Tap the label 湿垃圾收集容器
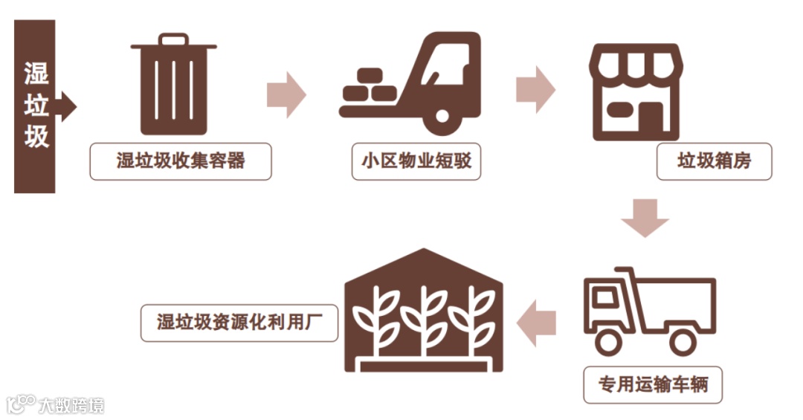181,161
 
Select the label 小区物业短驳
416,161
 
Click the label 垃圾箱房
715,161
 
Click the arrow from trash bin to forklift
286,94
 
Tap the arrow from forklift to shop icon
535,88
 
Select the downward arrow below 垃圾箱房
645,217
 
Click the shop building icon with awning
636,91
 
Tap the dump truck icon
649,308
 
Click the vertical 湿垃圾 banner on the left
36,106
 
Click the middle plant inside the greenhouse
423,320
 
